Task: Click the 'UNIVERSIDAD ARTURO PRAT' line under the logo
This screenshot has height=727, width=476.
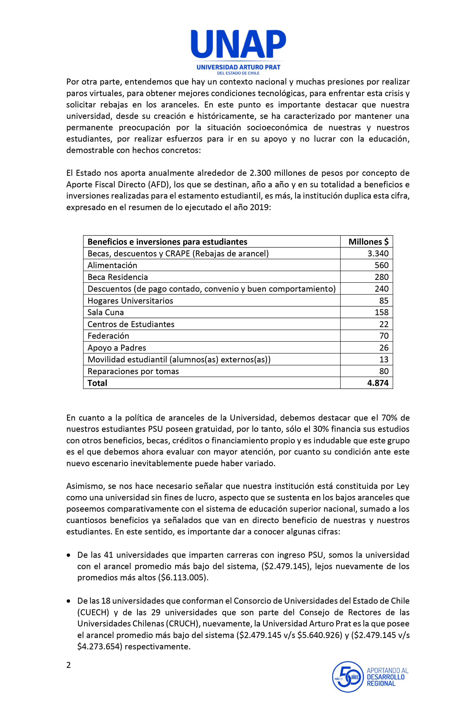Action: (238, 67)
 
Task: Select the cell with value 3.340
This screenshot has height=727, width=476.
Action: (378, 254)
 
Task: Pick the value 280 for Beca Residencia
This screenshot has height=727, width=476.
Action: (381, 277)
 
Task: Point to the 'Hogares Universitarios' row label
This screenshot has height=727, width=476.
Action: (130, 301)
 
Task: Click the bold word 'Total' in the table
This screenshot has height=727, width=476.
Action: (97, 383)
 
